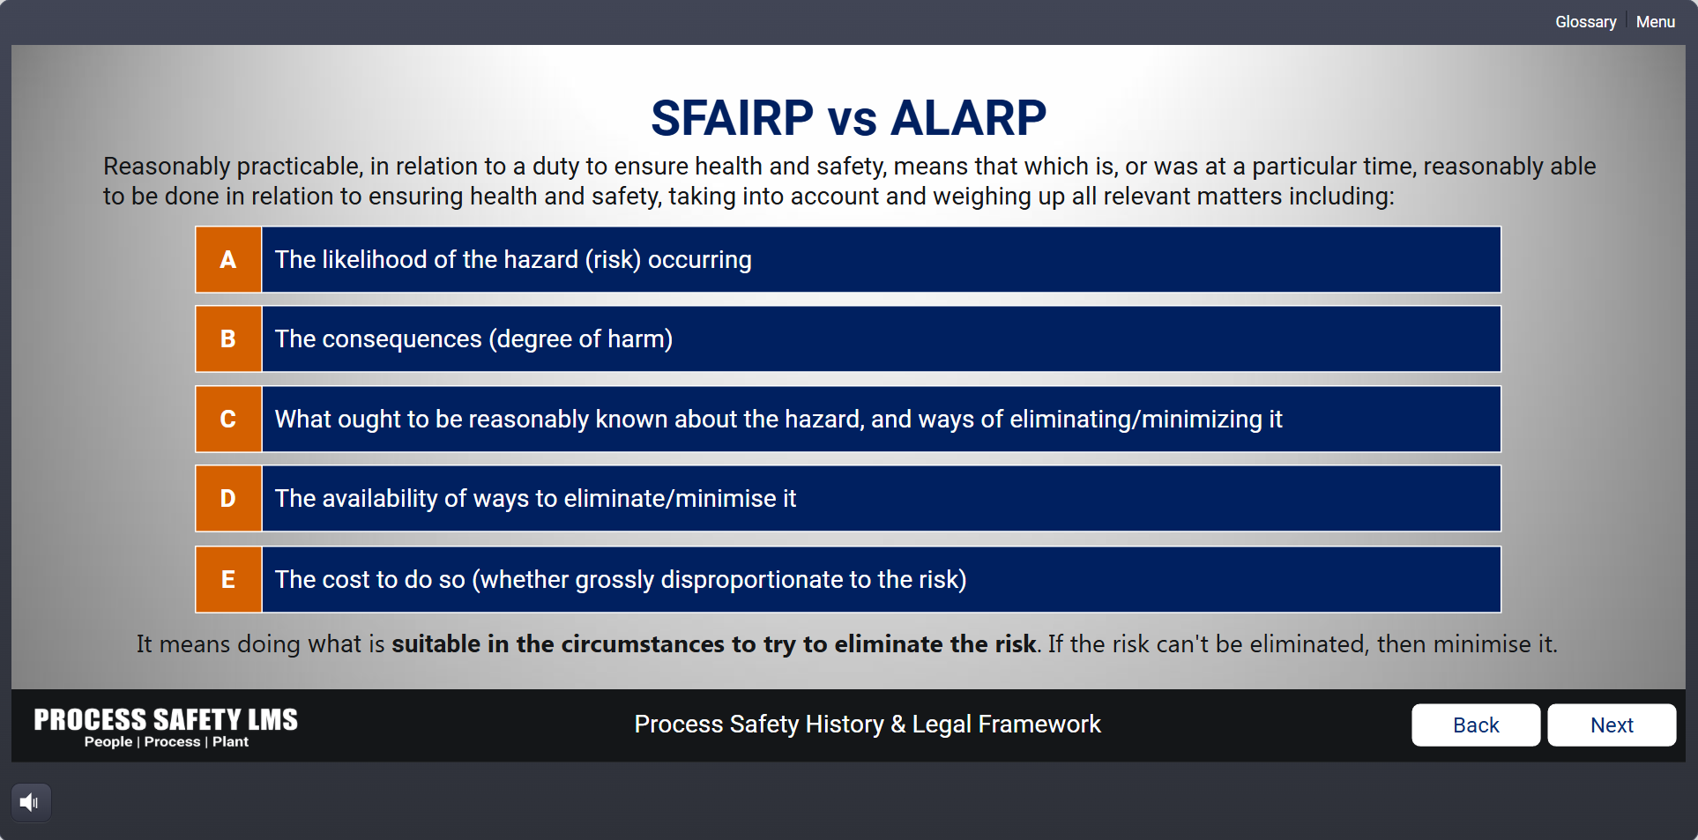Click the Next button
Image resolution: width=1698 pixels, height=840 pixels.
point(1612,725)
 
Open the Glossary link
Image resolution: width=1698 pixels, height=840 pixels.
point(1585,22)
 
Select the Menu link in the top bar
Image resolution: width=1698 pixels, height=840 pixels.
point(1655,22)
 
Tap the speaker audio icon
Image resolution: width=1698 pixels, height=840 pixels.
point(30,802)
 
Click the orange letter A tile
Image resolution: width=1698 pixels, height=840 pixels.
point(228,259)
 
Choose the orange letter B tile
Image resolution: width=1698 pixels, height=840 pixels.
point(228,338)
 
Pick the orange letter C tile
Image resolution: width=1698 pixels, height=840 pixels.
point(228,419)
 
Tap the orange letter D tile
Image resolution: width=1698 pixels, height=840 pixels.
point(228,498)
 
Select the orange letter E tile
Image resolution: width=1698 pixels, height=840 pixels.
point(228,579)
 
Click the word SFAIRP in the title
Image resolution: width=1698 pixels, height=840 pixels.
point(732,118)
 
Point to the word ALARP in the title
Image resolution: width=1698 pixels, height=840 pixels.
point(968,118)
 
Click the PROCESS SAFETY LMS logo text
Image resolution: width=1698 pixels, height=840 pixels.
point(166,719)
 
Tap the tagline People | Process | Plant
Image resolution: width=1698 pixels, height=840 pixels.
point(167,742)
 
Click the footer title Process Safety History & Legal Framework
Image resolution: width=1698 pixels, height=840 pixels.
point(868,725)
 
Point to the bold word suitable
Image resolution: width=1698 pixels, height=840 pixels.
point(436,644)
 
